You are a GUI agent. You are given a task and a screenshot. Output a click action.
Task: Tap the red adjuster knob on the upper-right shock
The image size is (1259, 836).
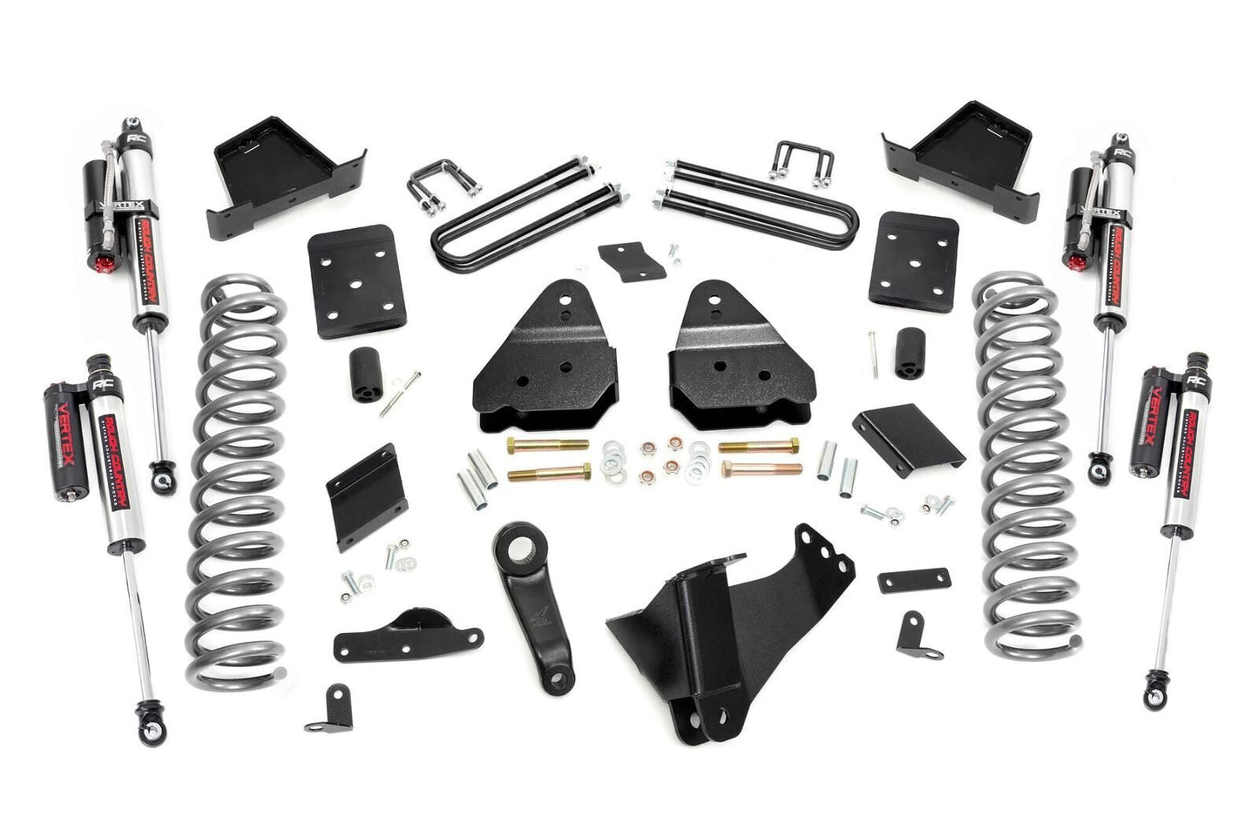tap(1073, 259)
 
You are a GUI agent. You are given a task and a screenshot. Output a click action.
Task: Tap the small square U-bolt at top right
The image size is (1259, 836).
tap(797, 165)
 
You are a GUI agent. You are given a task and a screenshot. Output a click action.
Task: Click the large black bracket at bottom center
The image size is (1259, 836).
tap(732, 627)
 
